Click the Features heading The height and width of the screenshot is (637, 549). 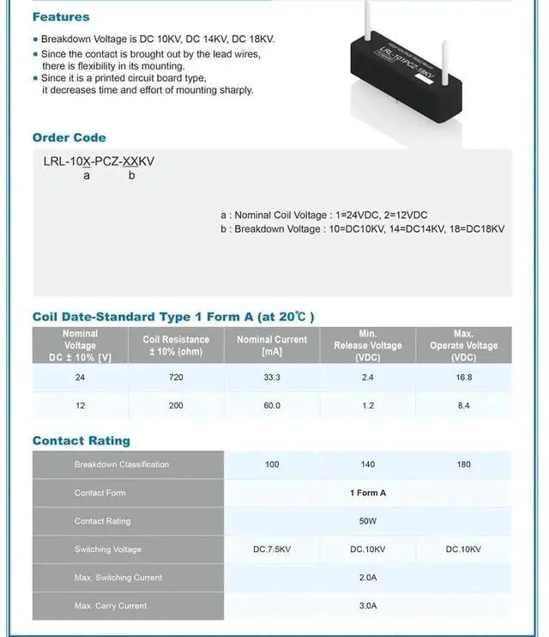pyautogui.click(x=61, y=17)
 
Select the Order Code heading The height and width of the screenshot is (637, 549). pyautogui.click(x=69, y=137)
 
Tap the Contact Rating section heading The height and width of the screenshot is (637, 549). pyautogui.click(x=81, y=440)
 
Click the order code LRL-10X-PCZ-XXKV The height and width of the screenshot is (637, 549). pyautogui.click(x=99, y=161)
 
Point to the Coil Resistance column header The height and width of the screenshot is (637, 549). pyautogui.click(x=176, y=345)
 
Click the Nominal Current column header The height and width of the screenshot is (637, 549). pyautogui.click(x=272, y=345)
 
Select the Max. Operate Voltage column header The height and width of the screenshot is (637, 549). pyautogui.click(x=463, y=345)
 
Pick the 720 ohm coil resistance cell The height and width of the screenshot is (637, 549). pyautogui.click(x=176, y=378)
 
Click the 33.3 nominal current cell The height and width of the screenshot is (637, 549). pyautogui.click(x=272, y=378)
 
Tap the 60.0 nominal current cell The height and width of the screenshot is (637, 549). pyautogui.click(x=272, y=405)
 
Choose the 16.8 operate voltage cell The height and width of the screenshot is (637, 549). pyautogui.click(x=464, y=378)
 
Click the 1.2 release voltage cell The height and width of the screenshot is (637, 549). pyautogui.click(x=368, y=405)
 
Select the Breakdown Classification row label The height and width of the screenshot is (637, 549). pyautogui.click(x=121, y=464)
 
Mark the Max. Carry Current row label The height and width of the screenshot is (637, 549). pyautogui.click(x=111, y=606)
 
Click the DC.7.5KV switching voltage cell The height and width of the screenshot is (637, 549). pyautogui.click(x=272, y=549)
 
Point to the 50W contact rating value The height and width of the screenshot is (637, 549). pyautogui.click(x=368, y=521)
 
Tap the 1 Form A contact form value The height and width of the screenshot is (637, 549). pyautogui.click(x=368, y=493)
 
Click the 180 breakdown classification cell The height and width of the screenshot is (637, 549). pyautogui.click(x=464, y=464)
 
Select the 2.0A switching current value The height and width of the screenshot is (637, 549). pyautogui.click(x=368, y=578)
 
